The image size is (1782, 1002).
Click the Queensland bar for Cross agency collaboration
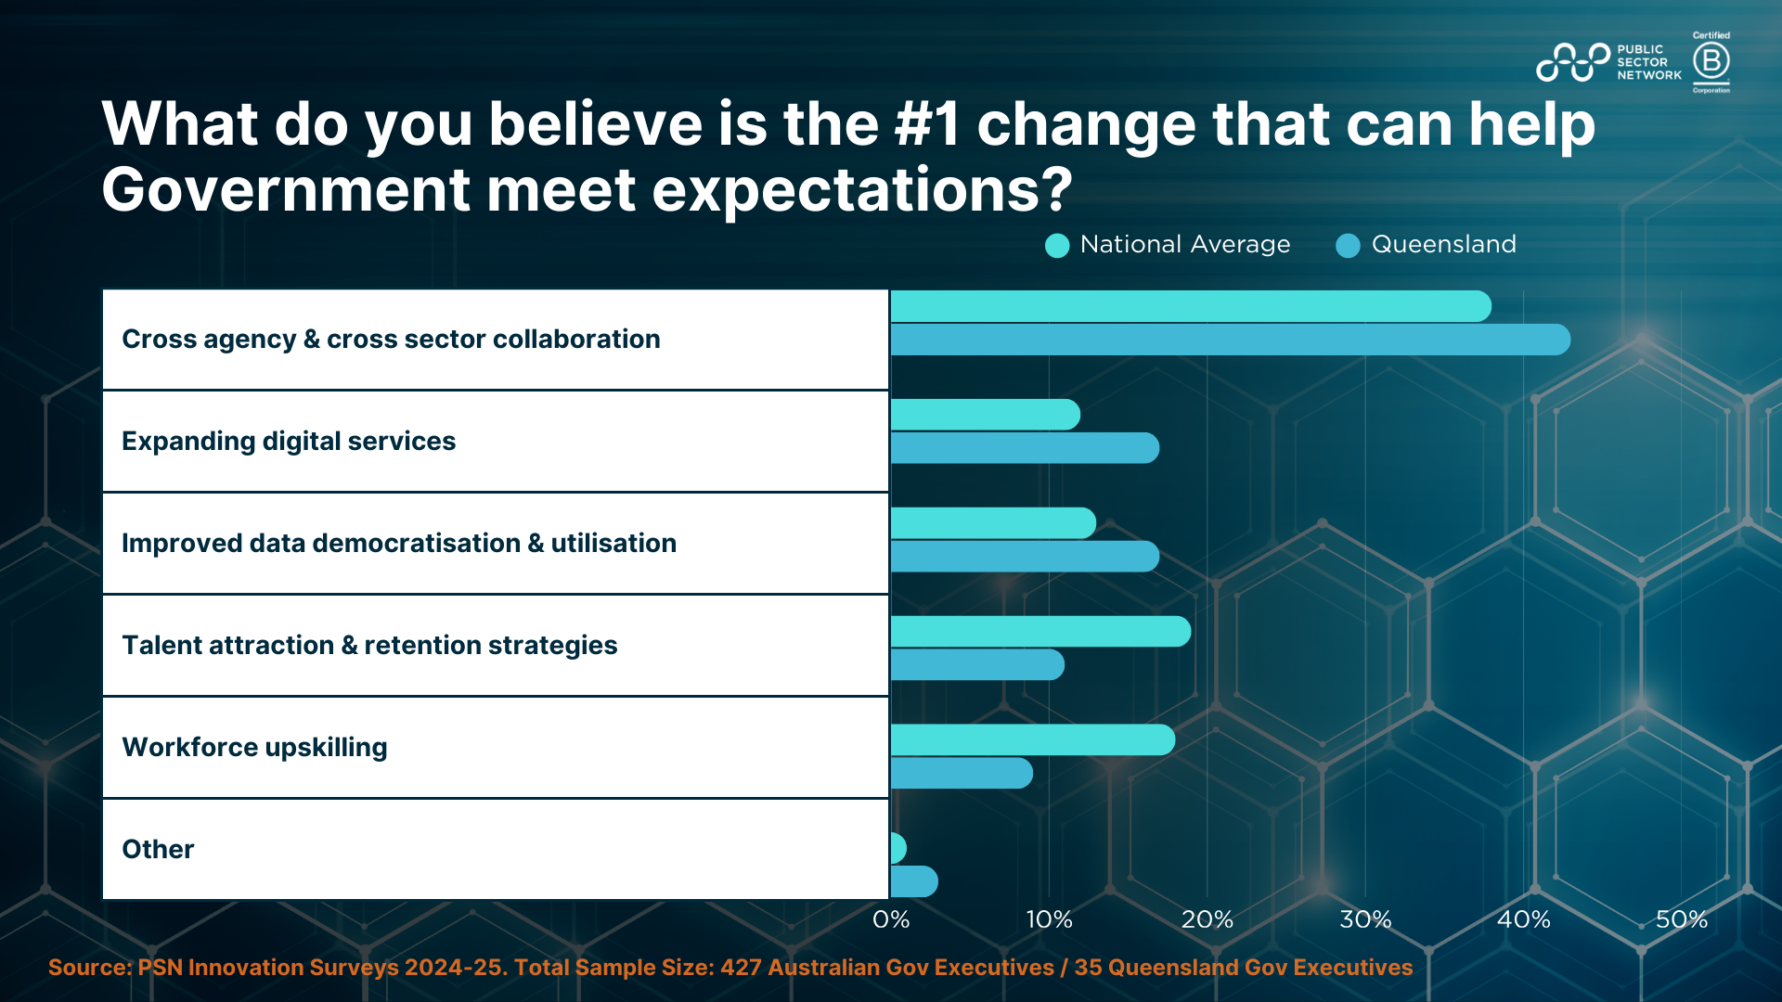1231,340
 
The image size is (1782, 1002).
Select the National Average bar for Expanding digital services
986,415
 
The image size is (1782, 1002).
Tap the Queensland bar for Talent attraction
977,664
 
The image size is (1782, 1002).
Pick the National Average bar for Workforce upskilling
1033,739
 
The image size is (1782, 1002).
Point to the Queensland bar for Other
914,881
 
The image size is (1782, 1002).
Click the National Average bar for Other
898,848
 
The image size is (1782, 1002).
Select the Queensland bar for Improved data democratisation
1025,557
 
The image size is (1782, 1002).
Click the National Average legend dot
1057,246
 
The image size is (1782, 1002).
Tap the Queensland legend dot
1348,246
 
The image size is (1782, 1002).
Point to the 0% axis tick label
891,919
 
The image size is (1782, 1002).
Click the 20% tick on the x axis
1207,919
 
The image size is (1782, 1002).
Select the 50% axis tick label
1682,919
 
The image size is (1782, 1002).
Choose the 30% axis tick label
1365,919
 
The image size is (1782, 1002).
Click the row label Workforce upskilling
254,748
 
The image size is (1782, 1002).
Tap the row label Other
158,849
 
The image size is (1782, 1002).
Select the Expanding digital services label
289,442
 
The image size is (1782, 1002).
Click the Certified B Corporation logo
1711,62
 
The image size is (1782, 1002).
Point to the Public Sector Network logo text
1649,62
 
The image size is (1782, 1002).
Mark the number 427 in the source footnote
741,968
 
